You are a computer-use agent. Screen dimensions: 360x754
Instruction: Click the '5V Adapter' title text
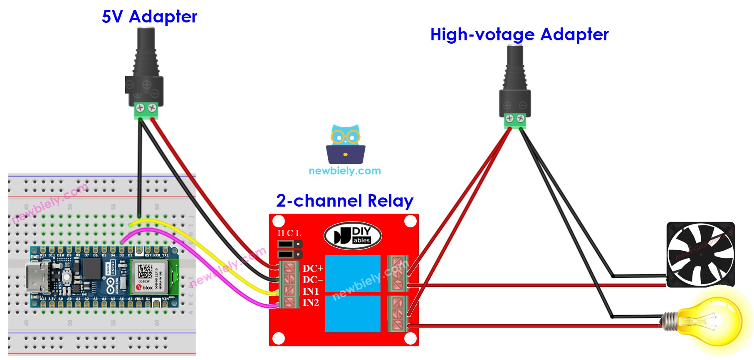(x=149, y=17)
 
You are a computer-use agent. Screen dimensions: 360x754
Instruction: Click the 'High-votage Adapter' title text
(x=519, y=35)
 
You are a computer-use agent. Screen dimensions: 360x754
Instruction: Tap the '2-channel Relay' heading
(x=344, y=201)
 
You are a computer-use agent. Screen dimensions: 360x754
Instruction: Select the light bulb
(x=711, y=321)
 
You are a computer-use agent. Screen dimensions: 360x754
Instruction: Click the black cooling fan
(x=700, y=254)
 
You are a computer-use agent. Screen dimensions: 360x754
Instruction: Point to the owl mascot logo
(x=345, y=144)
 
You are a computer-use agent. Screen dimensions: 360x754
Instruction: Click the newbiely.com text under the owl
(x=345, y=171)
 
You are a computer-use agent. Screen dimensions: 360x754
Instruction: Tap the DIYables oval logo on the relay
(x=353, y=236)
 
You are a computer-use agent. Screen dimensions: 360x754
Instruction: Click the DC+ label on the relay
(x=313, y=269)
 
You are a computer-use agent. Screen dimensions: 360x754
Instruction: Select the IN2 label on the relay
(x=311, y=303)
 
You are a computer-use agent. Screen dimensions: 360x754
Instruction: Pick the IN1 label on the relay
(x=311, y=291)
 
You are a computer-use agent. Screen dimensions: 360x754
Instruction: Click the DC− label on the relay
(x=313, y=280)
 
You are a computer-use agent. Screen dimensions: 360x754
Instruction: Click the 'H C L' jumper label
(x=289, y=233)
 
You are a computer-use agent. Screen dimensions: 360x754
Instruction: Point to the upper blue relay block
(x=353, y=273)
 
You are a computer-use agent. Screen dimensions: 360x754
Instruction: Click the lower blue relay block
(x=353, y=313)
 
